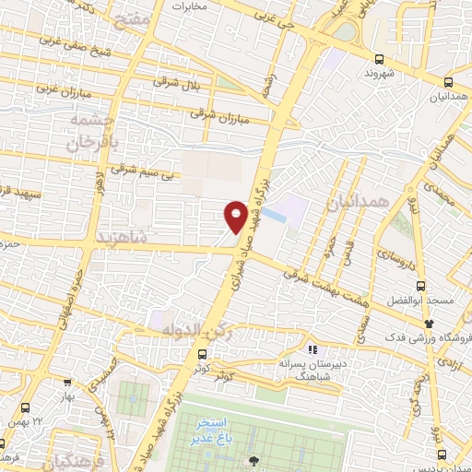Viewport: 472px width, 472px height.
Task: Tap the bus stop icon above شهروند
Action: pyautogui.click(x=372, y=55)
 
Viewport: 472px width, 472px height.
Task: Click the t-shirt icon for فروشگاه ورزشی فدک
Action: pyautogui.click(x=430, y=323)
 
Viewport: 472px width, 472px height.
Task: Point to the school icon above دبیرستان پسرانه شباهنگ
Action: pyautogui.click(x=313, y=349)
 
